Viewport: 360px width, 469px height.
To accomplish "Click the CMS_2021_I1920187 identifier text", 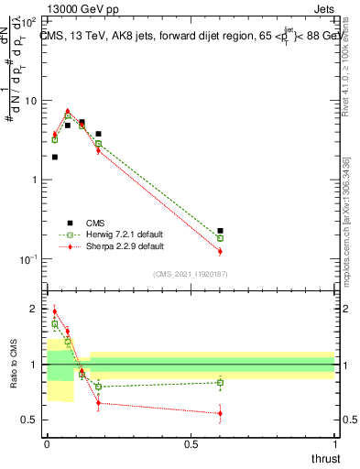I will pyautogui.click(x=190, y=274).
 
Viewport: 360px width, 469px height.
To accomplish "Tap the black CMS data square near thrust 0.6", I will pyautogui.click(x=220, y=231).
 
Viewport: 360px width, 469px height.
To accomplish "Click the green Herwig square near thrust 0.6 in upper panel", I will pyautogui.click(x=220, y=238).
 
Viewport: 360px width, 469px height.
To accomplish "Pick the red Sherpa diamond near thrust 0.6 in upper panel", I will pyautogui.click(x=220, y=251).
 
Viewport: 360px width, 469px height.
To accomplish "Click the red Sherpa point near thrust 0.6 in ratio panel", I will pyautogui.click(x=220, y=413).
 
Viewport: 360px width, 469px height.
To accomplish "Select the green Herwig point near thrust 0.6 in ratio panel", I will pyautogui.click(x=220, y=382).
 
